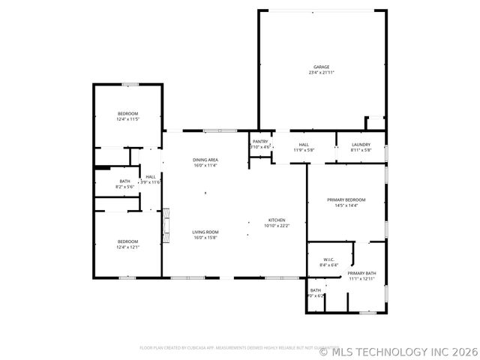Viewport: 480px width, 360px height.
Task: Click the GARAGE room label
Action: [321, 67]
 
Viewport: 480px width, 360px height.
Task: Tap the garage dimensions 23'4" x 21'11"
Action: [321, 73]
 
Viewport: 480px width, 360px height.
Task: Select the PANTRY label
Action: [260, 141]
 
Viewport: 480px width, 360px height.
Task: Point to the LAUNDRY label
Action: [361, 144]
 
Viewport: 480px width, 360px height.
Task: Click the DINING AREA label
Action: [205, 160]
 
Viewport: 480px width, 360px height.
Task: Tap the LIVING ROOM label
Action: [205, 232]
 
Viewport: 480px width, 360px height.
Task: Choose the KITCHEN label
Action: [277, 219]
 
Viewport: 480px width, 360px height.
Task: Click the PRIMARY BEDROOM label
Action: [346, 199]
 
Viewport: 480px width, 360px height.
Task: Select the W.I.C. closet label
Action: [329, 259]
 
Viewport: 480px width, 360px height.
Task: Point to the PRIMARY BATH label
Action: [361, 273]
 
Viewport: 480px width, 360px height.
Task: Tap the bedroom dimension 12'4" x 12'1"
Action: [127, 247]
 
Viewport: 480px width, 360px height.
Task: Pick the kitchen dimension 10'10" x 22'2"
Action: [277, 225]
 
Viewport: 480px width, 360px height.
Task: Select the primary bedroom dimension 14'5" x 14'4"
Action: [346, 205]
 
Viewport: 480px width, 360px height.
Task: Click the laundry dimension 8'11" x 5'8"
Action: [361, 150]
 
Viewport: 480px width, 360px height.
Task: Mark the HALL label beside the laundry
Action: [304, 144]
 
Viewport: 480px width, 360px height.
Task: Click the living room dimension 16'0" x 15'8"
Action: [205, 238]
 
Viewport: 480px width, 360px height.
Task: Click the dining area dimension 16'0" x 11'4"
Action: [205, 166]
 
